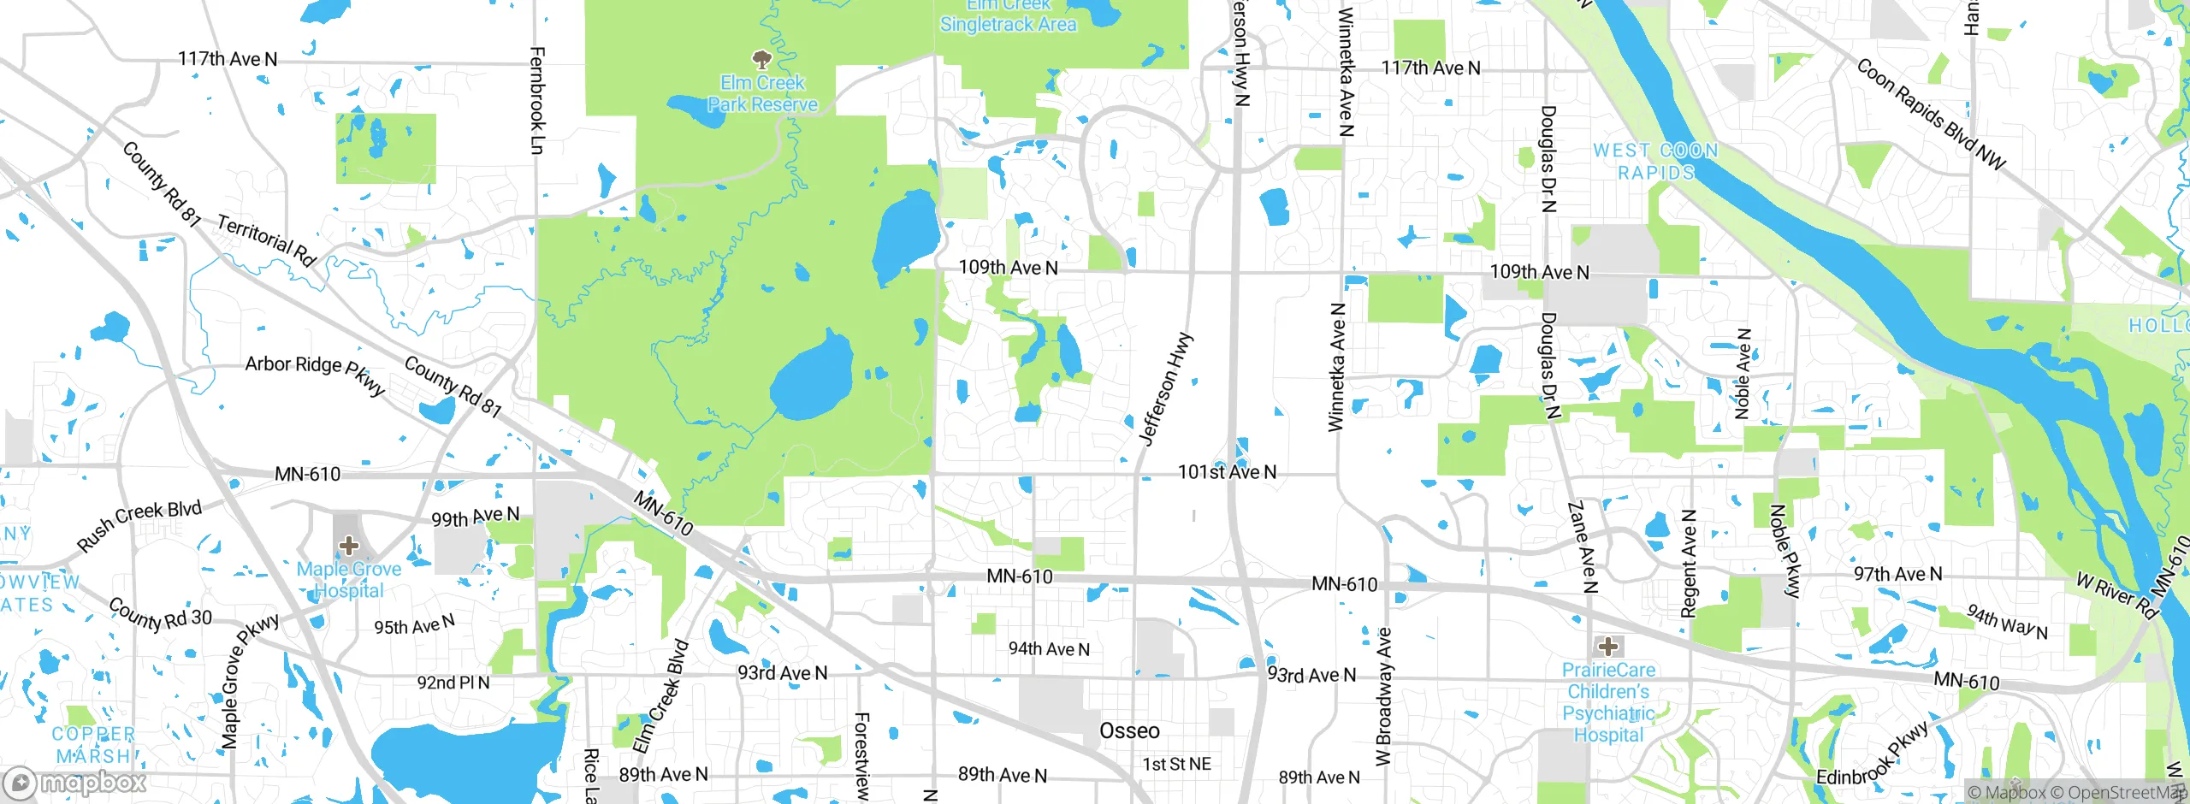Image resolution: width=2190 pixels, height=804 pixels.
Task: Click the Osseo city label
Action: (x=1129, y=730)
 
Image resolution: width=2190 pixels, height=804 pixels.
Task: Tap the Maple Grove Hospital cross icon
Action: (x=348, y=545)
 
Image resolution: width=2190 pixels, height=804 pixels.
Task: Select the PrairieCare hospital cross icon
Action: (x=1607, y=646)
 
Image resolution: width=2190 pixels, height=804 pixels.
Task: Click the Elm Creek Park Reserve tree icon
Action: (x=761, y=59)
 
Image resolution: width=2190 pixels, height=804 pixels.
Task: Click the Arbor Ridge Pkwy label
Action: (x=315, y=373)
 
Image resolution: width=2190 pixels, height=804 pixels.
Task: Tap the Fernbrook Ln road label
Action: (x=536, y=100)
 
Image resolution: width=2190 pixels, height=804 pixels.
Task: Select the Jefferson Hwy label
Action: (x=1166, y=388)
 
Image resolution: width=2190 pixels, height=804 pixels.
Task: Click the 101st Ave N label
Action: (x=1227, y=472)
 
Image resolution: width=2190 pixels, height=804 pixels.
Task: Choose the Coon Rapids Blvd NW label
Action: (x=1930, y=114)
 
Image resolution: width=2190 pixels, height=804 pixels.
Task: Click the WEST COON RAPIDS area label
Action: (x=1655, y=161)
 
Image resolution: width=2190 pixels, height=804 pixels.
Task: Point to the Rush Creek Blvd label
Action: (x=139, y=524)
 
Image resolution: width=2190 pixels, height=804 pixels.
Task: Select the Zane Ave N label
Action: (x=1583, y=547)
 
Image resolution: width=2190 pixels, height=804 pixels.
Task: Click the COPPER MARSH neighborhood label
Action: (x=93, y=745)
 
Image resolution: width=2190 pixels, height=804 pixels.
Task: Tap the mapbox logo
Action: (x=75, y=782)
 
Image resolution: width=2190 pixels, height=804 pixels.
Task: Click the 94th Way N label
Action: (x=2006, y=622)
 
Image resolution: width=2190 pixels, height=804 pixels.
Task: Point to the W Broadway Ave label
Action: (x=1383, y=696)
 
